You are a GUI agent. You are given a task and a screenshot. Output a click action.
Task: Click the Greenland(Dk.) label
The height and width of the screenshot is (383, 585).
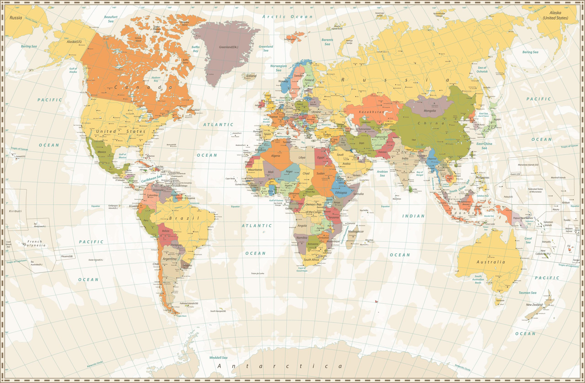click(x=228, y=47)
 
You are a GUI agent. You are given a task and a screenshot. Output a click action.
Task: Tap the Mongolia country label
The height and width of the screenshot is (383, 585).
click(x=430, y=111)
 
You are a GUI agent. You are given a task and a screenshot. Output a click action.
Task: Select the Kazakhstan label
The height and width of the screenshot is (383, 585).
click(x=371, y=112)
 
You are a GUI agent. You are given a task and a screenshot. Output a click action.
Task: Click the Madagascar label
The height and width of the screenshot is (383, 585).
click(x=356, y=231)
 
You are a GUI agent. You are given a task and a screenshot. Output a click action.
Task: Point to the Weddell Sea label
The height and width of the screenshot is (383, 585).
click(x=218, y=357)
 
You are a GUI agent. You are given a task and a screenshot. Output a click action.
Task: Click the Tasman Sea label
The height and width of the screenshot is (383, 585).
click(x=527, y=293)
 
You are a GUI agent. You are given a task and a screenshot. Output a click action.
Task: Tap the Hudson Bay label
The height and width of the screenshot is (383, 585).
click(x=156, y=79)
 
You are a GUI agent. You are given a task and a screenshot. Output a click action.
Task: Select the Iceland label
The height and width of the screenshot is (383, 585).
click(x=251, y=76)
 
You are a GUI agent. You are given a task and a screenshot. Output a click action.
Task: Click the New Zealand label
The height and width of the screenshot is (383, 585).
click(x=534, y=305)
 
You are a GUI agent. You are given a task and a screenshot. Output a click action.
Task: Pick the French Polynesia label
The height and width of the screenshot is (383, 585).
click(x=35, y=243)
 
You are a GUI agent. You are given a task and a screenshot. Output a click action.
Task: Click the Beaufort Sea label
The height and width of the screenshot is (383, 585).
click(x=111, y=19)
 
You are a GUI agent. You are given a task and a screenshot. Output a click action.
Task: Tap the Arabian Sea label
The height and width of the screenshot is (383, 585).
click(x=382, y=174)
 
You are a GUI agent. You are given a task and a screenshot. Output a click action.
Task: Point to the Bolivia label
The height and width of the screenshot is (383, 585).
click(x=165, y=231)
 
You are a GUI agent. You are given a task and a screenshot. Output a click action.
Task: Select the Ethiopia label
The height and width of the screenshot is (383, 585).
click(x=341, y=193)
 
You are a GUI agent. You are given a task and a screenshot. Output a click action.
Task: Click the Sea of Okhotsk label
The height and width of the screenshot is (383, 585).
click(x=482, y=70)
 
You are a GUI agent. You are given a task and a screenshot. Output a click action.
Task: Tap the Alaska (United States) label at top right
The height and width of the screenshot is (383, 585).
click(x=555, y=15)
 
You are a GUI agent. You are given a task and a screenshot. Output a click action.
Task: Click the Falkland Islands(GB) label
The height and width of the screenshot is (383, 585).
click(x=189, y=303)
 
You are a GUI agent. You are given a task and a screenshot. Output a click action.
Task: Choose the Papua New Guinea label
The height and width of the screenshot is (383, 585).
click(x=523, y=218)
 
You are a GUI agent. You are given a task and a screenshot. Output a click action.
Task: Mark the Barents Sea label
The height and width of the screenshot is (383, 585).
click(x=327, y=42)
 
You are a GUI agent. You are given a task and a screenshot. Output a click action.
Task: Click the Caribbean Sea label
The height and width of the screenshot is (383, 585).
click(x=151, y=179)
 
